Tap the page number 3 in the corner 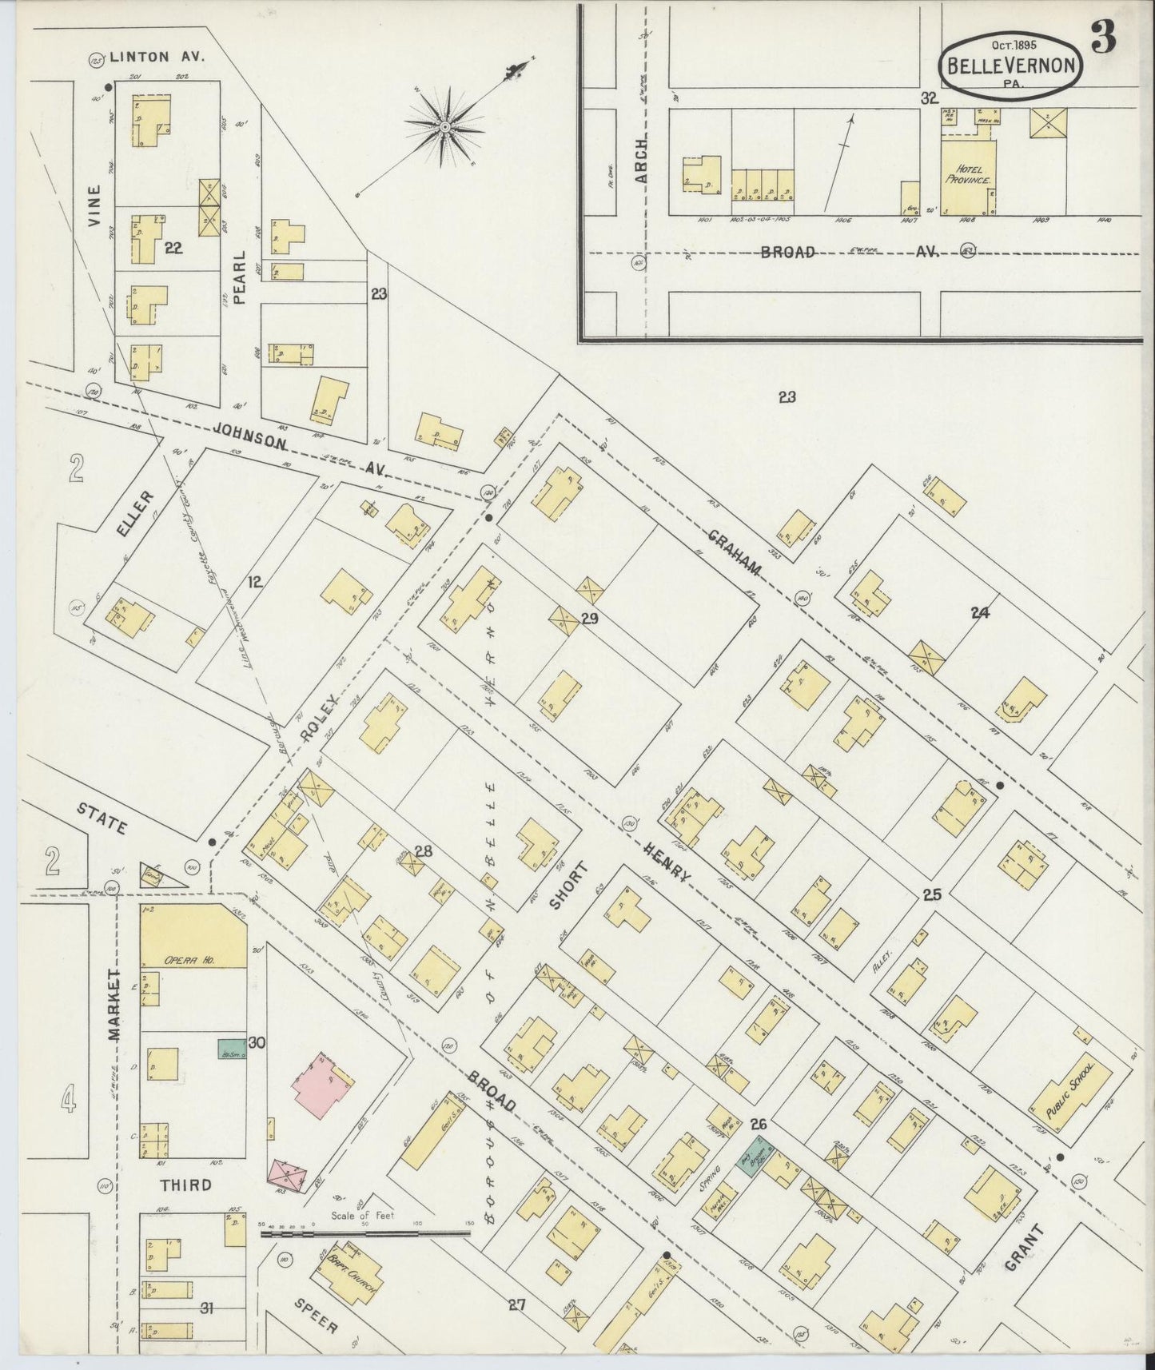pos(1104,37)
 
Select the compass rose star pos(444,126)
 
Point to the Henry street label pos(664,858)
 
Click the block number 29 pos(590,618)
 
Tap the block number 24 pos(980,613)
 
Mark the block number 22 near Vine pos(173,249)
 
